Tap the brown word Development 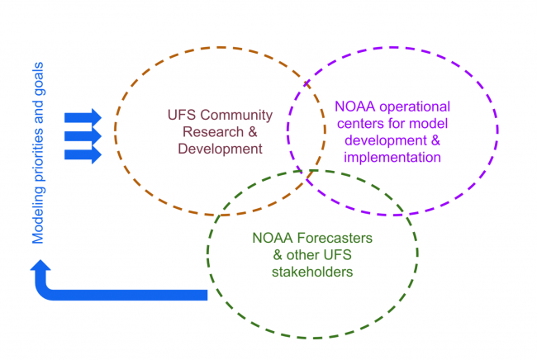pyautogui.click(x=216, y=149)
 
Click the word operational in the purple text pyautogui.click(x=411, y=107)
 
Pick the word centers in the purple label pyautogui.click(x=357, y=123)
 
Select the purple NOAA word pyautogui.click(x=354, y=107)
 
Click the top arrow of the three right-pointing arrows pyautogui.click(x=83, y=116)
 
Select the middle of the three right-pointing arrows pyautogui.click(x=83, y=134)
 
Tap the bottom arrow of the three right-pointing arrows pyautogui.click(x=83, y=153)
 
